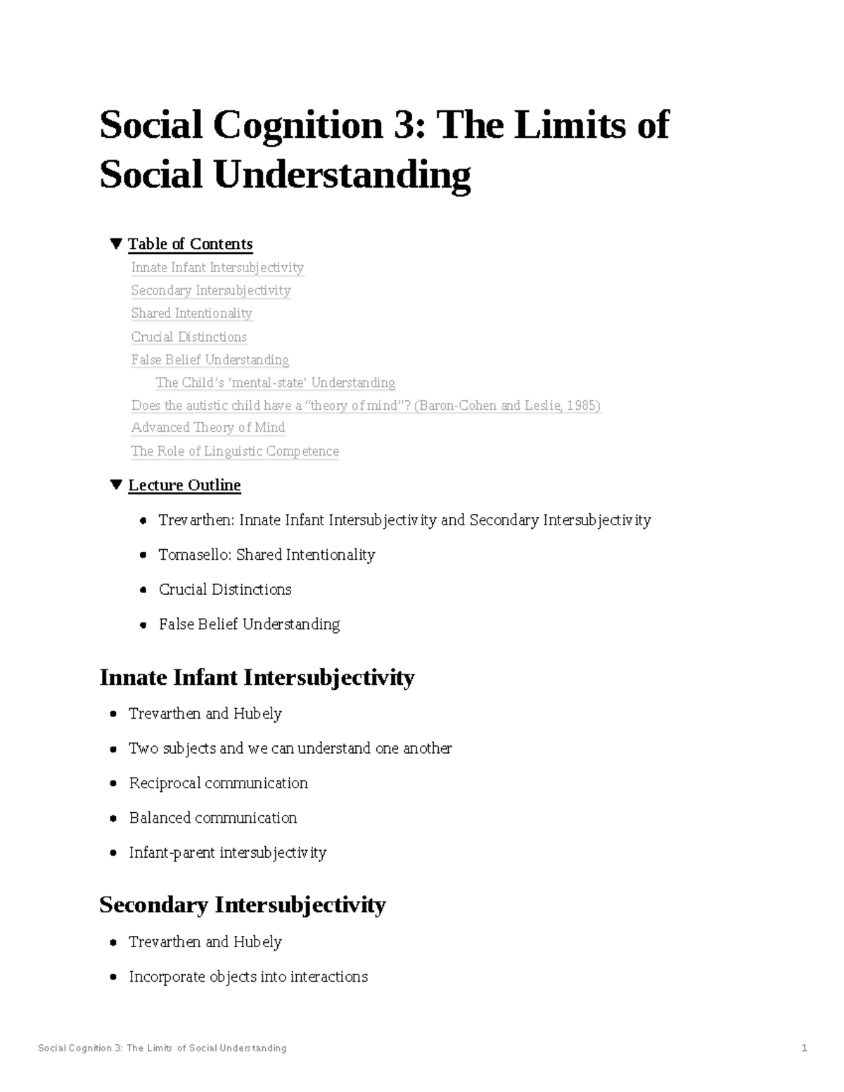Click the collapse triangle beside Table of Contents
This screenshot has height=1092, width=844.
(x=116, y=244)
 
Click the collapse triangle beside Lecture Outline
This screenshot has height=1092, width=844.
(x=116, y=485)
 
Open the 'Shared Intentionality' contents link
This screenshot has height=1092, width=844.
(x=191, y=313)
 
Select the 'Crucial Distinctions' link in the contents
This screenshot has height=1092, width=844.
(x=188, y=337)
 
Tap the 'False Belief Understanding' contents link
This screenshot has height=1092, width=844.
(x=210, y=360)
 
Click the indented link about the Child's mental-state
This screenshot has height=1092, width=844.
(x=275, y=383)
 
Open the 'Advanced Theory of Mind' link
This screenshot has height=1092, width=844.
(x=207, y=428)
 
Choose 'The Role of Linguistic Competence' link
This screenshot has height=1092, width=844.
(x=234, y=451)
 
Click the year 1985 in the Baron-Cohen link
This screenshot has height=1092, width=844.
(x=580, y=406)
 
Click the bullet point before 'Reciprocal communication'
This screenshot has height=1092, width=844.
(x=113, y=784)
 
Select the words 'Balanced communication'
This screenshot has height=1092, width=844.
(x=212, y=818)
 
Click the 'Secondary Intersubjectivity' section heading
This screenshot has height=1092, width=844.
(x=242, y=904)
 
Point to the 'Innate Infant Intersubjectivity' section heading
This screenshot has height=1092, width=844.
(x=257, y=677)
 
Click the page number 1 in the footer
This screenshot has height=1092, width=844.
(x=804, y=1048)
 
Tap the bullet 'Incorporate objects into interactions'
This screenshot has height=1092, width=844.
(x=248, y=977)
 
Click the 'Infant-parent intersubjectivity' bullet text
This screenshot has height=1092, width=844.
(x=227, y=853)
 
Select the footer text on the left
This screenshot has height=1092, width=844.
(x=162, y=1048)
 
